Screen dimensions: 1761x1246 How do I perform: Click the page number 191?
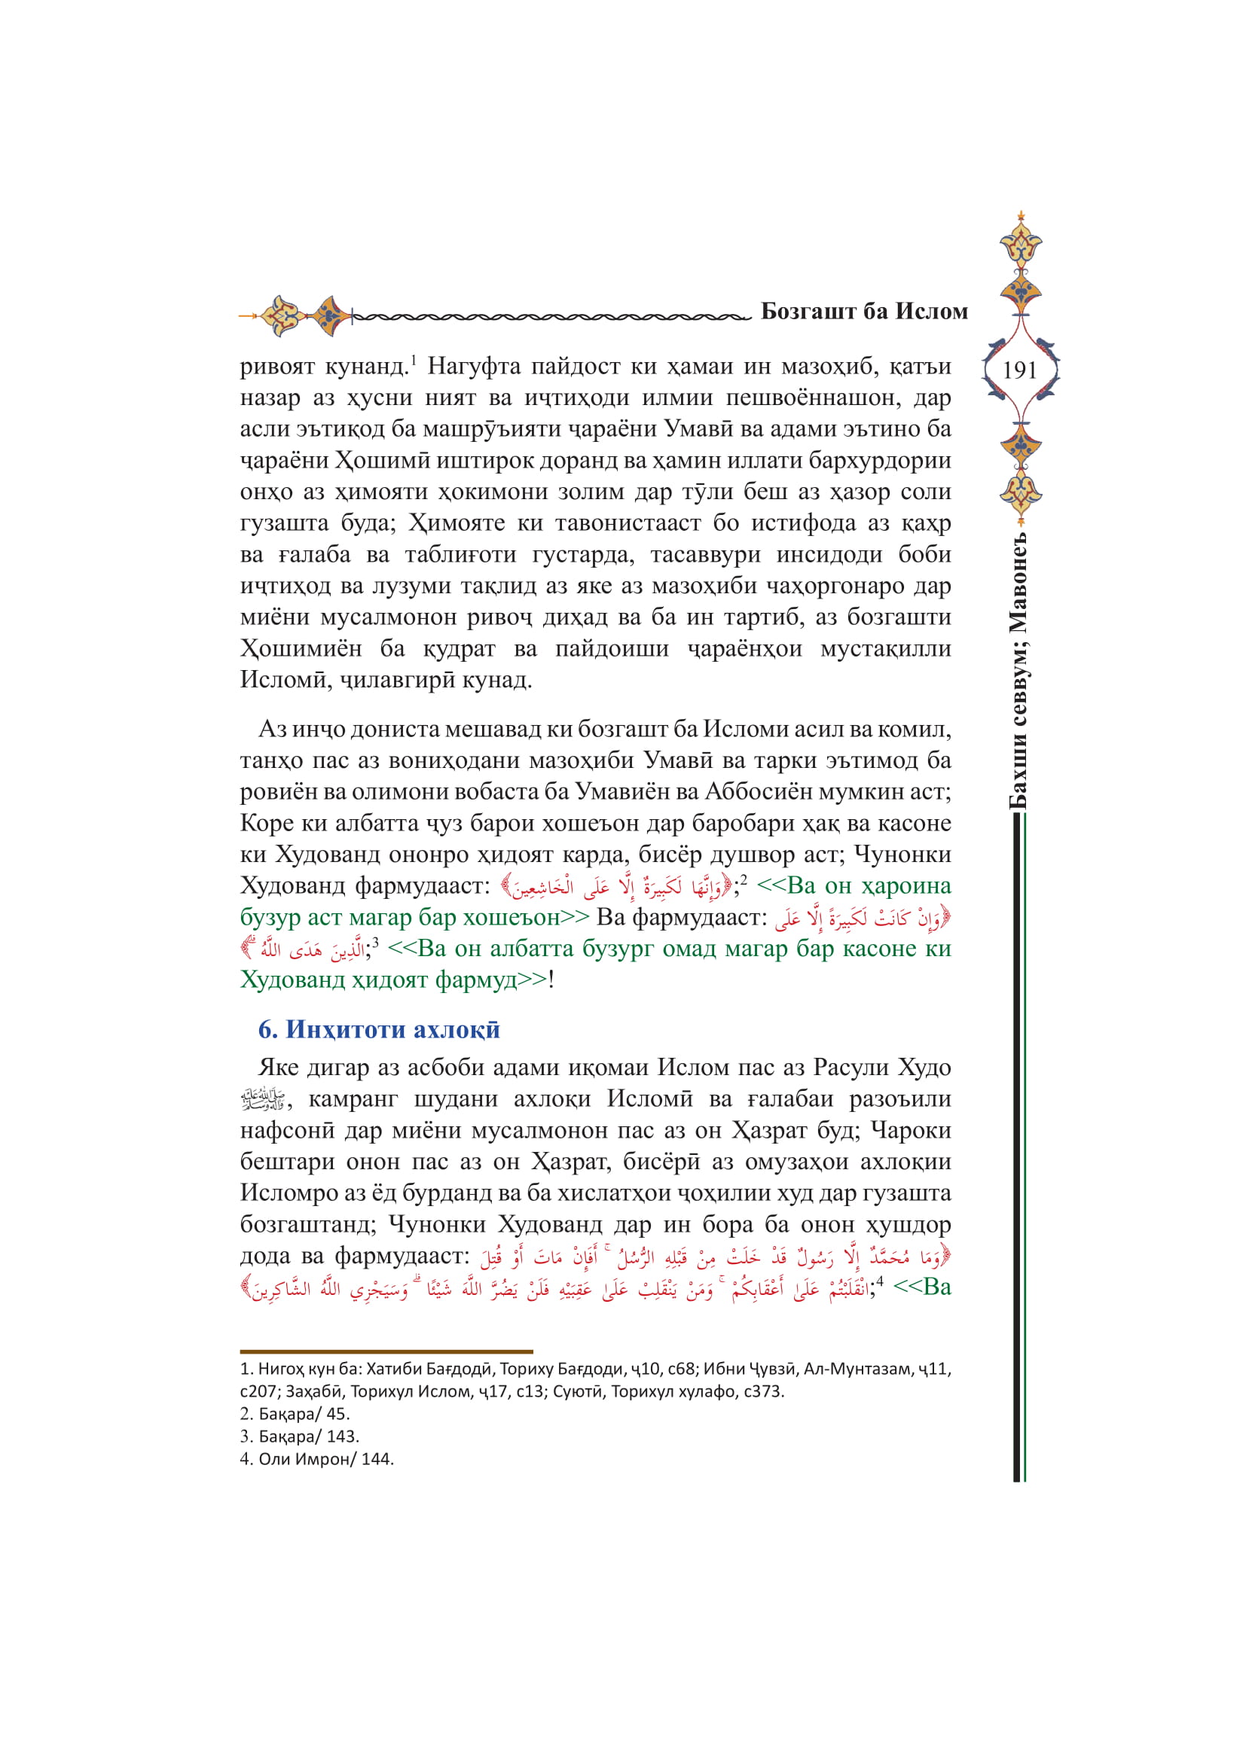[x=1020, y=370]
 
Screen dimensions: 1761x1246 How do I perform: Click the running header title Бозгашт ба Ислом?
[x=864, y=312]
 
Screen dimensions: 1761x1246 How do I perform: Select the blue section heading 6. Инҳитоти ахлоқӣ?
[x=379, y=1029]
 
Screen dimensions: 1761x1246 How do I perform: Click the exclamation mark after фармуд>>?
[x=551, y=980]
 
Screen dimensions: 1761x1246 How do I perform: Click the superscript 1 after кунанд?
[x=413, y=360]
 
